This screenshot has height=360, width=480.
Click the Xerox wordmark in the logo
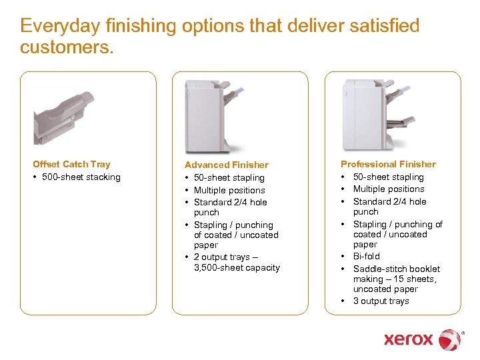tap(408, 339)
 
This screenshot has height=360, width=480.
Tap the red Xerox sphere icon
tap(450, 339)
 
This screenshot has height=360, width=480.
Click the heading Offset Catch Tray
tap(71, 164)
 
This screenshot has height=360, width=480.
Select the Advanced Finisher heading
tap(226, 165)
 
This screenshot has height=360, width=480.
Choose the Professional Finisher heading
tap(388, 164)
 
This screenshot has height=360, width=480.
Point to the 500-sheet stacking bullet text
tap(82, 177)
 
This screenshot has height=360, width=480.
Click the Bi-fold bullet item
tap(366, 256)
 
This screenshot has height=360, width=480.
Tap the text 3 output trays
tap(381, 301)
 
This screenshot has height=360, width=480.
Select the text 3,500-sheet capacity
tap(237, 267)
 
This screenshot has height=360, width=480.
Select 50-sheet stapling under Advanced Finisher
tap(229, 177)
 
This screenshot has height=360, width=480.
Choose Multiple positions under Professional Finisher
tap(388, 189)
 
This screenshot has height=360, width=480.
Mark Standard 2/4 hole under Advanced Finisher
tap(230, 202)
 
